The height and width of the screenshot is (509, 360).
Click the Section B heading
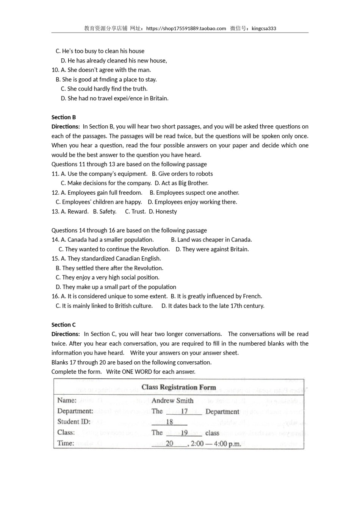point(64,117)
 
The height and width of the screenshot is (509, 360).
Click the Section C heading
point(64,325)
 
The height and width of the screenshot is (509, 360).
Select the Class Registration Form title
point(178,387)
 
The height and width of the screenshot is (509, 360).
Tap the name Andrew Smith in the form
point(172,401)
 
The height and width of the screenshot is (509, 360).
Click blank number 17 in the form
point(184,411)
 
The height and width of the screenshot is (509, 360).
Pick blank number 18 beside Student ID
point(169,422)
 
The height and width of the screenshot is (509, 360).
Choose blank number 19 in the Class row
point(184,432)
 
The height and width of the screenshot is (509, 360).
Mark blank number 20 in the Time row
point(169,443)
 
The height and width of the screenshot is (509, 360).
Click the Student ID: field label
point(74,422)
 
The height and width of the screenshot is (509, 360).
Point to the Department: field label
point(75,411)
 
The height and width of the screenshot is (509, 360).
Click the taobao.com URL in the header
point(186,28)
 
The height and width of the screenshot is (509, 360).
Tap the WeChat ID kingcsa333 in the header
point(264,28)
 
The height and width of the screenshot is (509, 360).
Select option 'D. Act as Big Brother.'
point(182,183)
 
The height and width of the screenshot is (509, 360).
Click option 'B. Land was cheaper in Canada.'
point(211,240)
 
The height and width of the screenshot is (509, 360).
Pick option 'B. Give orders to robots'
point(182,174)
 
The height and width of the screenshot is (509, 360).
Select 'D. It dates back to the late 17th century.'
point(213,306)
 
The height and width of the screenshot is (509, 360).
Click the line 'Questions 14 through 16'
point(129,230)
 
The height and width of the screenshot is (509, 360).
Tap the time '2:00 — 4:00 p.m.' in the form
point(216,443)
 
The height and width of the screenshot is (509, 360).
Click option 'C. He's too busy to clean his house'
point(100,51)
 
